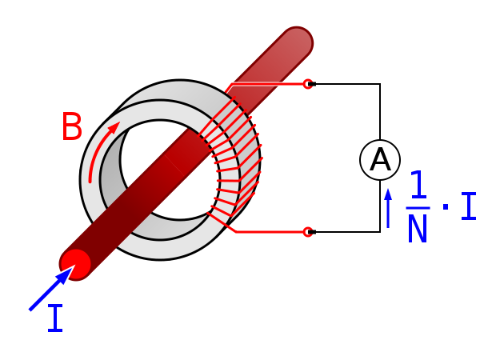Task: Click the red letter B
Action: point(72,126)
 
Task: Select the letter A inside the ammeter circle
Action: point(380,159)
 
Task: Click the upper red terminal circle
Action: point(308,84)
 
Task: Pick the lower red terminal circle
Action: point(308,232)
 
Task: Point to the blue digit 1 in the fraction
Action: point(419,184)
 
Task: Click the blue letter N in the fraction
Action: point(418,228)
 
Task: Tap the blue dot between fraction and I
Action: point(446,207)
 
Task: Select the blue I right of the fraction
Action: point(469,206)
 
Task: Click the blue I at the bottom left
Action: point(55,318)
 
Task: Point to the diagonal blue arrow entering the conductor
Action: point(52,288)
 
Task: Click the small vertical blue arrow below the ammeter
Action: point(388,209)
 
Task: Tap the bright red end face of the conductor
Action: point(76,264)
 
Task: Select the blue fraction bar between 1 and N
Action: point(418,208)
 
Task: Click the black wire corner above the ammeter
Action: point(380,84)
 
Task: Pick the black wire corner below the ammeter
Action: point(380,232)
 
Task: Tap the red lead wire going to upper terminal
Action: point(266,85)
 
